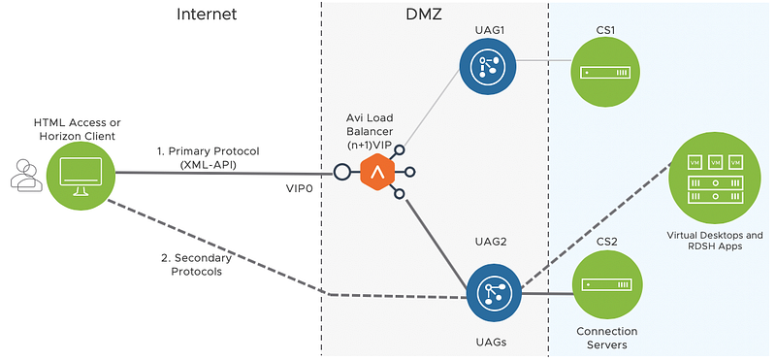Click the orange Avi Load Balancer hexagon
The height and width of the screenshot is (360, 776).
click(x=377, y=172)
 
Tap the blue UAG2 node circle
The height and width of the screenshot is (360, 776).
click(x=495, y=292)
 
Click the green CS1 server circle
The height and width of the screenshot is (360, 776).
click(x=605, y=73)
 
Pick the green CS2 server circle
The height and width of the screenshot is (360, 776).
click(x=608, y=285)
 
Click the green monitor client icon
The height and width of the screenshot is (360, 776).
click(x=81, y=175)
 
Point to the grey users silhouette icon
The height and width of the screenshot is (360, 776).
click(x=25, y=176)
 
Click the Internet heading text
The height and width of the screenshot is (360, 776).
click(x=207, y=14)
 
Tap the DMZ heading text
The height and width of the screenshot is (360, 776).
click(x=423, y=14)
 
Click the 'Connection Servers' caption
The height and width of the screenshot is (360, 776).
click(x=607, y=338)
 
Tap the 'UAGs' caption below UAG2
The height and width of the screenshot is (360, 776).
click(x=494, y=342)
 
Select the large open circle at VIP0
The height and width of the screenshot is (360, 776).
click(x=341, y=172)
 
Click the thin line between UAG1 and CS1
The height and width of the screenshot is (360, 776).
click(x=543, y=60)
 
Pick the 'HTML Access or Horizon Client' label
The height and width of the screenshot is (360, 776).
click(x=77, y=128)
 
